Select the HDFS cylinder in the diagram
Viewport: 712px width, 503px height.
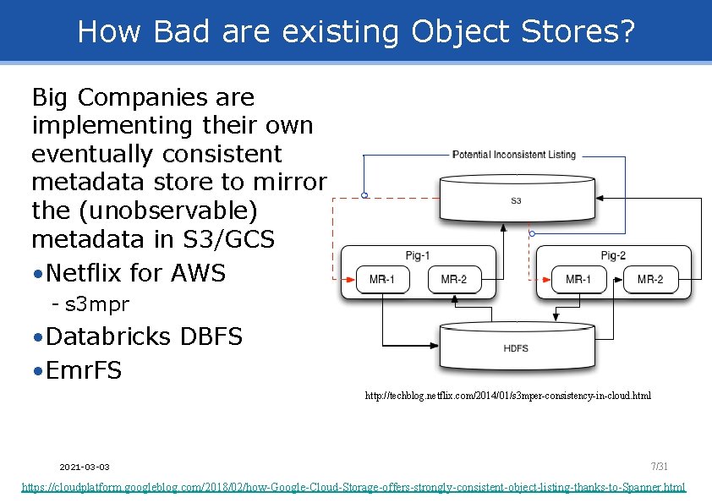[x=515, y=347]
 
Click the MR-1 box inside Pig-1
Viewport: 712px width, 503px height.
[x=382, y=279]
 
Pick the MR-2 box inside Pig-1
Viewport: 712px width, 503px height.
[x=453, y=279]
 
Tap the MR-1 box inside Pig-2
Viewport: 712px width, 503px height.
[x=578, y=279]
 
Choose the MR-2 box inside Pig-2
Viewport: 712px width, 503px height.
[x=649, y=279]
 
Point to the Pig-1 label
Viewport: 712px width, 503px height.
[x=418, y=255]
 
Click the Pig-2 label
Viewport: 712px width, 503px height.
[x=613, y=255]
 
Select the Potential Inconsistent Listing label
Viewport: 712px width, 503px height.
[x=514, y=155]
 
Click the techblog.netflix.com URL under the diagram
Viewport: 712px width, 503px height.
[x=507, y=396]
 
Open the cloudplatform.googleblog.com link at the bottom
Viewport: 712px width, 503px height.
[x=353, y=488]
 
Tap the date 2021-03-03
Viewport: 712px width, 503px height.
[x=85, y=467]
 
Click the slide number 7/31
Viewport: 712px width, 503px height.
[x=659, y=466]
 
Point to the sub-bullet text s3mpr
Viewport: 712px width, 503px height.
[x=96, y=303]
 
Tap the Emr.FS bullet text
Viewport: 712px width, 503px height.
[x=85, y=370]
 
